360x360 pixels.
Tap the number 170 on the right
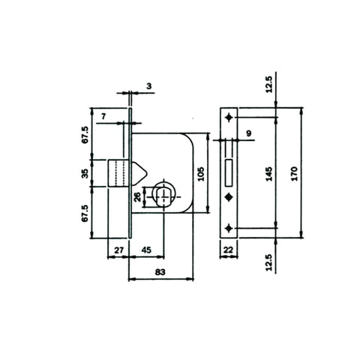(294, 172)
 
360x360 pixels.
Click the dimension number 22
(229, 250)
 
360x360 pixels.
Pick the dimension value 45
(147, 250)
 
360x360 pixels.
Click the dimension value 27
(118, 250)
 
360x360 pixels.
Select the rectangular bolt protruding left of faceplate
(120, 172)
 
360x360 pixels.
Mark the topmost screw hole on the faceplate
(229, 118)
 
